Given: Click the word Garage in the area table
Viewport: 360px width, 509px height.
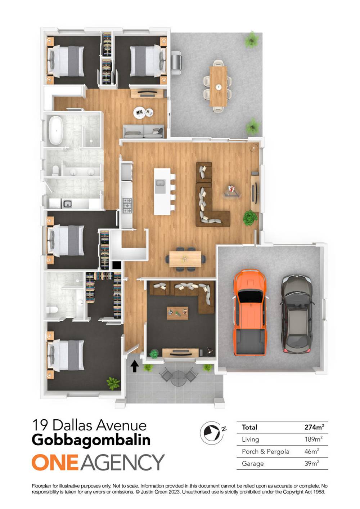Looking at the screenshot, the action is click(x=253, y=463).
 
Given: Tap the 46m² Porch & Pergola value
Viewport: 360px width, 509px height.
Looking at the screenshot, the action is click(x=312, y=451).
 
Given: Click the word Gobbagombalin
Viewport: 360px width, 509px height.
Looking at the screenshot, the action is click(x=91, y=440).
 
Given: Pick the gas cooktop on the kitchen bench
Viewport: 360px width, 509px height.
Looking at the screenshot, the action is click(x=127, y=206).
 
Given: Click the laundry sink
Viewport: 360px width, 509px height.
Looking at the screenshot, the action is click(x=67, y=204).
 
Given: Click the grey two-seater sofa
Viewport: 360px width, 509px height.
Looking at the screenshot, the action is click(x=143, y=131).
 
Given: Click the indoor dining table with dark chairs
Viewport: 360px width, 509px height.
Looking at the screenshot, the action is click(x=185, y=259).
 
